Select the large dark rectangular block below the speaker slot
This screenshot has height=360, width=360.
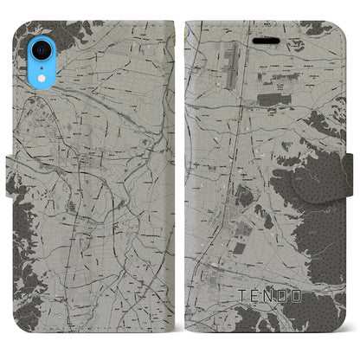[276, 101]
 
